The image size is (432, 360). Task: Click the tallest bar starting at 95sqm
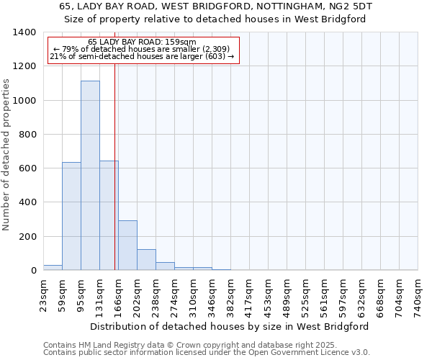pyautogui.click(x=90, y=176)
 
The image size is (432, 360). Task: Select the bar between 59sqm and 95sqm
pyautogui.click(x=71, y=216)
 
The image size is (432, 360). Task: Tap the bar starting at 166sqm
pyautogui.click(x=127, y=245)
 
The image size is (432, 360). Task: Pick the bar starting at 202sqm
pyautogui.click(x=146, y=259)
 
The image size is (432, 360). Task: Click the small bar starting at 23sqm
pyautogui.click(x=53, y=267)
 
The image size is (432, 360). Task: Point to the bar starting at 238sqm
pyautogui.click(x=165, y=266)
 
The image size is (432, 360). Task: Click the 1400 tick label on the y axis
pyautogui.click(x=24, y=32)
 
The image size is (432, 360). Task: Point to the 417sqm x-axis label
pyautogui.click(x=249, y=295)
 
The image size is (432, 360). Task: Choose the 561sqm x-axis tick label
pyautogui.click(x=324, y=295)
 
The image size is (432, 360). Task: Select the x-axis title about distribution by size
pyautogui.click(x=230, y=326)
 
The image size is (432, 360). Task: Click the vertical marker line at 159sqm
pyautogui.click(x=114, y=166)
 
